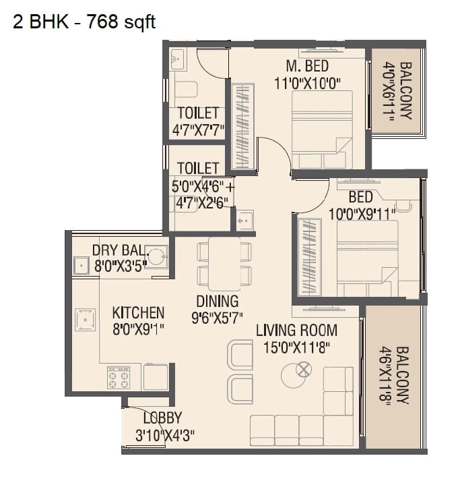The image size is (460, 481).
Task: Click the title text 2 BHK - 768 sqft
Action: pos(84,22)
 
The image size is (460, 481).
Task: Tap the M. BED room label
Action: pos(306,66)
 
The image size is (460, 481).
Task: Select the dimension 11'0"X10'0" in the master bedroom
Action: pos(308,82)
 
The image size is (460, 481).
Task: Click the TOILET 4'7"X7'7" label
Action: pos(197,120)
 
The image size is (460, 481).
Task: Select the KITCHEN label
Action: pos(138,313)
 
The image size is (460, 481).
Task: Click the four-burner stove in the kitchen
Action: pos(119,378)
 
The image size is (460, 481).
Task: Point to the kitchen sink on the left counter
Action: pos(86,320)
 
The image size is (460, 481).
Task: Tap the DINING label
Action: pos(218,301)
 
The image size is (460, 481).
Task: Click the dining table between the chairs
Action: pos(224,262)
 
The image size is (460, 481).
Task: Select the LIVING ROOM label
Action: pos(296,331)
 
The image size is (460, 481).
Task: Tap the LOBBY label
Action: pos(162,418)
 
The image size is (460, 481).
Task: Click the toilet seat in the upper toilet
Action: pos(185,89)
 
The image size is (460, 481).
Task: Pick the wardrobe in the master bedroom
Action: pos(242,126)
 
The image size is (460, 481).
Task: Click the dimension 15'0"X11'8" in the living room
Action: pos(296,347)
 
